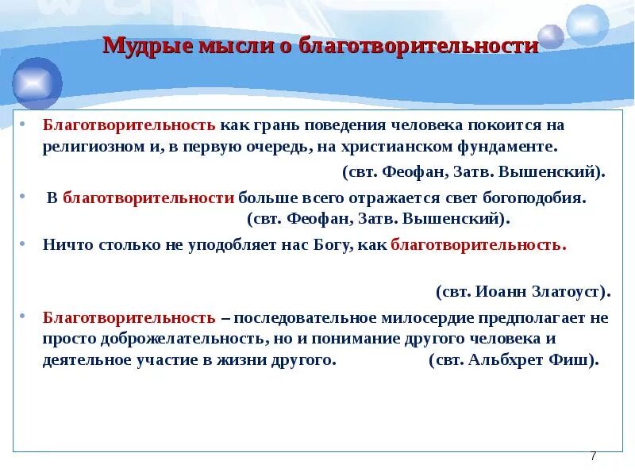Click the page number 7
(593, 456)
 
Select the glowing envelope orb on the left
(36, 83)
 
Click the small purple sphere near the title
(551, 36)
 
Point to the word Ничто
(68, 245)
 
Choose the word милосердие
(428, 318)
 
